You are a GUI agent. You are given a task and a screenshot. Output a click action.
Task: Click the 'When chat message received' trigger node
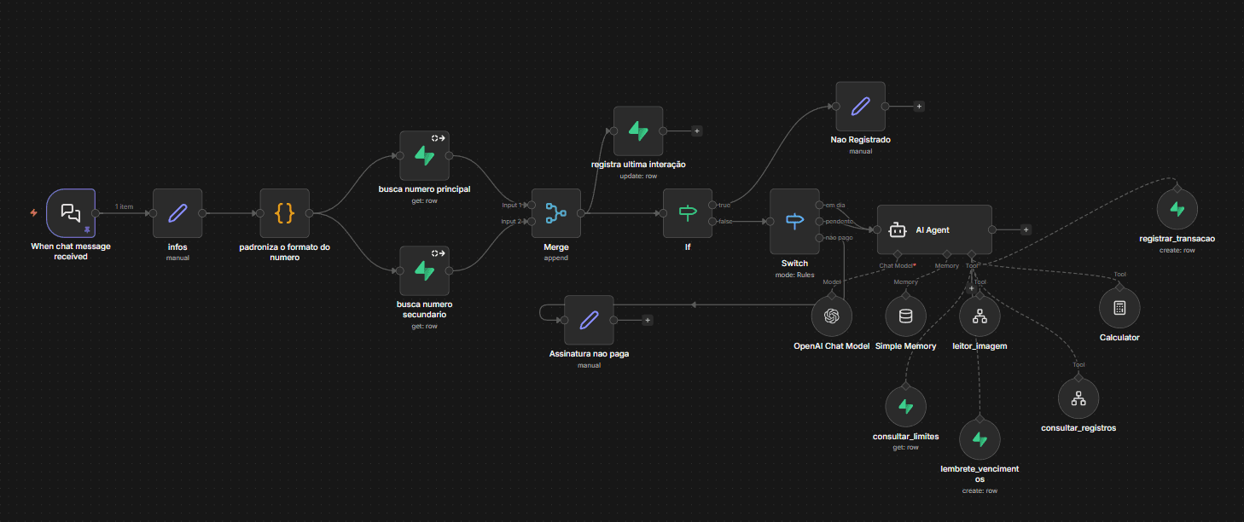71,212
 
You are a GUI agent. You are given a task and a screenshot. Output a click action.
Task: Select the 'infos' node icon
177,212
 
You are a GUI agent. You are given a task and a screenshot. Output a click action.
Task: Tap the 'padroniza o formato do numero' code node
284,212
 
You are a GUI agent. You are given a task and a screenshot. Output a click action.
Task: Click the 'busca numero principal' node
424,155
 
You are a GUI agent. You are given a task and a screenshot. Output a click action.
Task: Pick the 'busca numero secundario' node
424,270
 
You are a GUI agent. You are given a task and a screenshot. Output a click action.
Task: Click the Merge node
555,212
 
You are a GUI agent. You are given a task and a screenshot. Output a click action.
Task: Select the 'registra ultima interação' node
638,130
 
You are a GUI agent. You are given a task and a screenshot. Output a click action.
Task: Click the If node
688,212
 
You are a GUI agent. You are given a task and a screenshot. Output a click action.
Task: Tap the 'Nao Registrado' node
860,107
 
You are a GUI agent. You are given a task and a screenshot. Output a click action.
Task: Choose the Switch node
794,221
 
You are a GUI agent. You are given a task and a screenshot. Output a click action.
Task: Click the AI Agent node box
934,229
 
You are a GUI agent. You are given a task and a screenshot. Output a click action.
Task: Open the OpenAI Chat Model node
831,316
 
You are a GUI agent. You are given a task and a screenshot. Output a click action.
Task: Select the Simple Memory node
905,316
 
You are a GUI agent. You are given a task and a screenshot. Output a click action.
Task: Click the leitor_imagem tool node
980,316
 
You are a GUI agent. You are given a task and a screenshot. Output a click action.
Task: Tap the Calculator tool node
1119,308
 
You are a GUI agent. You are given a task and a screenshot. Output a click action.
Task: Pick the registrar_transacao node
1177,209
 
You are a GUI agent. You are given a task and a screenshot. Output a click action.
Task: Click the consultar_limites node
906,406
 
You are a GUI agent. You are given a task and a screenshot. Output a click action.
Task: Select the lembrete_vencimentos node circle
980,439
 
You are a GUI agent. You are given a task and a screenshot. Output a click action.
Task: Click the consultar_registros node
1078,397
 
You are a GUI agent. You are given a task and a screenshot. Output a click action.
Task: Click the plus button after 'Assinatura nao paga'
648,320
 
